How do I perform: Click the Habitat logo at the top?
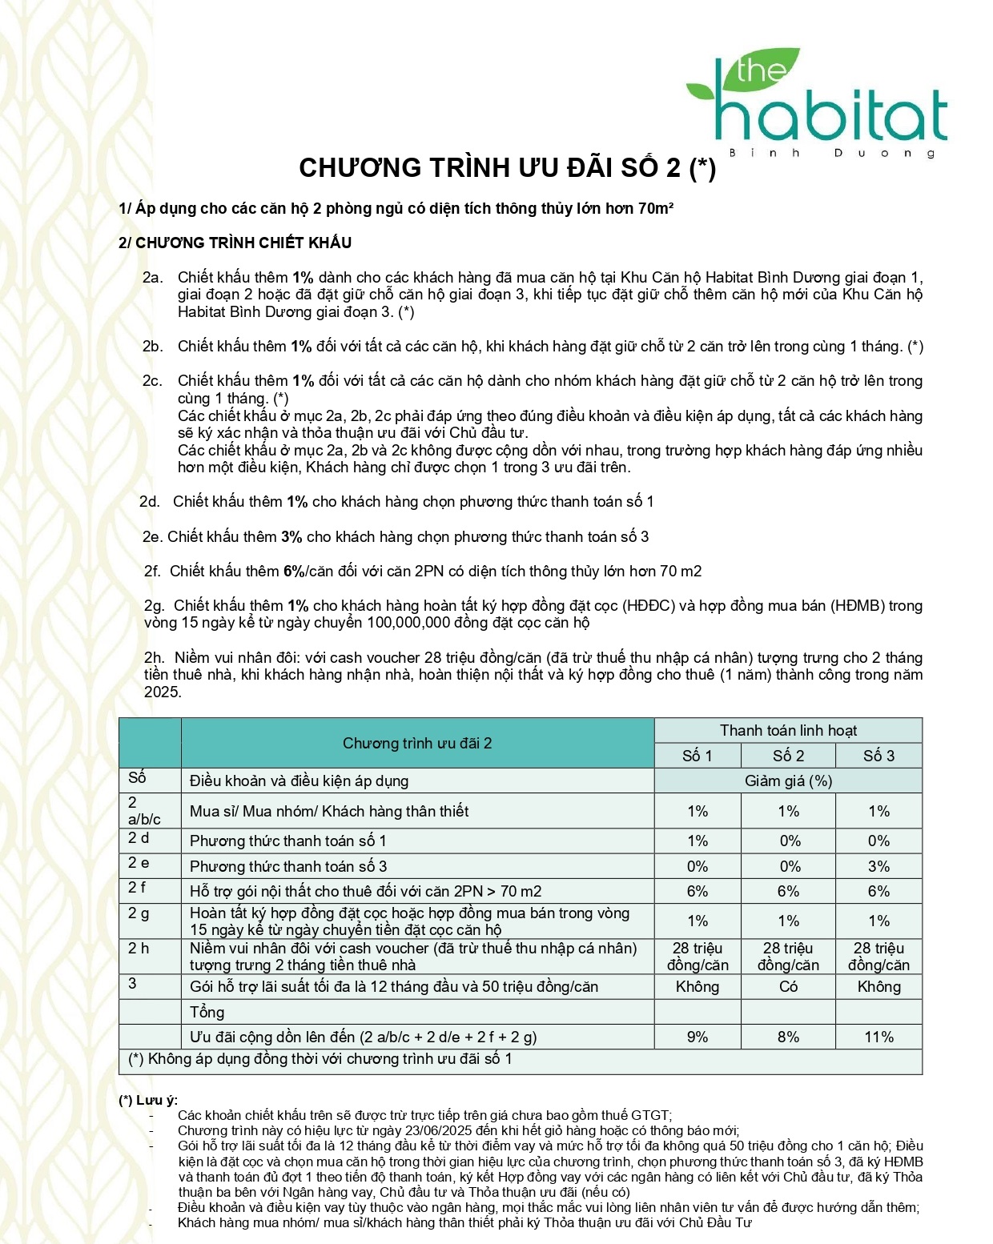click(817, 104)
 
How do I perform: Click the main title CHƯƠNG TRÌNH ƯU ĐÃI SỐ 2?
click(507, 168)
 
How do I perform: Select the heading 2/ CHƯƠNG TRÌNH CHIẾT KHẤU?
click(235, 243)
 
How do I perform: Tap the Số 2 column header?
click(788, 756)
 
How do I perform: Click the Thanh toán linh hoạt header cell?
click(788, 730)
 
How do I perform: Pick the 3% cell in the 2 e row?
click(878, 866)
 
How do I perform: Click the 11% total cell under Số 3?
click(878, 1037)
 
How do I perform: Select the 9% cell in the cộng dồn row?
click(698, 1037)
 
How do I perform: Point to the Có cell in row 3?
click(788, 986)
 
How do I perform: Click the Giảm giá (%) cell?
click(788, 781)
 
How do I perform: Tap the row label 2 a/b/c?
click(144, 811)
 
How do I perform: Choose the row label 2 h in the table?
click(139, 949)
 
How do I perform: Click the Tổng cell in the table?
click(207, 1012)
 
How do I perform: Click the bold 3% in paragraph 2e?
click(291, 537)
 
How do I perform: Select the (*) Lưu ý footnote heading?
click(148, 1100)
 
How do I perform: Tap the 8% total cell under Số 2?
click(788, 1037)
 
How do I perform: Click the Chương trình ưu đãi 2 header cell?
click(417, 743)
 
